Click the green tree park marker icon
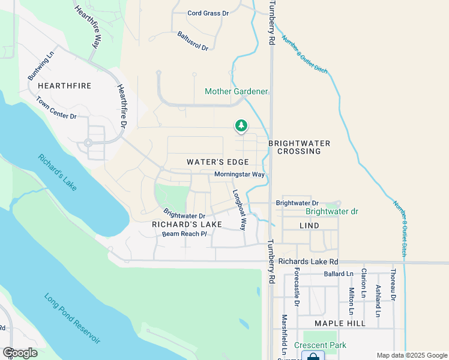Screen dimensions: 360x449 click(241, 125)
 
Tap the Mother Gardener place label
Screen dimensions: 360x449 click(236, 92)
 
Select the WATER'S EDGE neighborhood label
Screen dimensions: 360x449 click(217, 162)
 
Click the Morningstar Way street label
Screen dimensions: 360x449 click(240, 175)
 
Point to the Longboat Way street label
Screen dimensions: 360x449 click(240, 210)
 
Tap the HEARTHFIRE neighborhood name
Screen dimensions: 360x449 click(64, 86)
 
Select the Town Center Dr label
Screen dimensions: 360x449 click(56, 108)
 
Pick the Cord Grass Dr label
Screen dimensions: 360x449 click(207, 13)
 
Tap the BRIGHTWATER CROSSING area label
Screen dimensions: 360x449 click(299, 147)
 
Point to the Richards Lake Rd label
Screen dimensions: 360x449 click(309, 262)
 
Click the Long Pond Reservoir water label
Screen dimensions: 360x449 click(72, 319)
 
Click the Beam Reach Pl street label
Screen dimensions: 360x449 click(184, 234)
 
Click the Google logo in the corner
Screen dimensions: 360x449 click(20, 353)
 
